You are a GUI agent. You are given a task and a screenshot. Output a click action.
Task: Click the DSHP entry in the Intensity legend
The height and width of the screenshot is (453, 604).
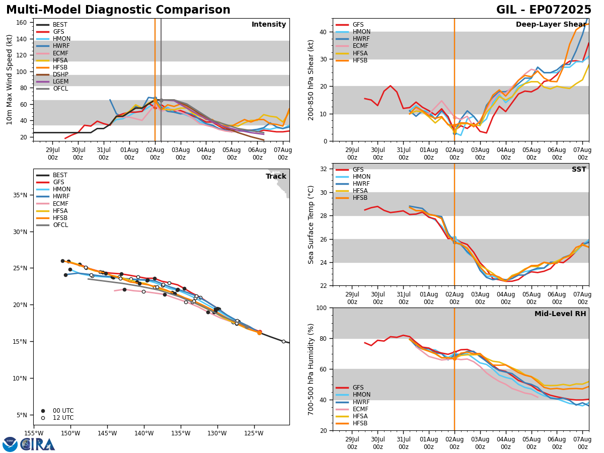pyautogui.click(x=60, y=74)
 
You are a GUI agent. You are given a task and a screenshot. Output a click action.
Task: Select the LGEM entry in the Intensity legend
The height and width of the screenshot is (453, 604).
pyautogui.click(x=60, y=82)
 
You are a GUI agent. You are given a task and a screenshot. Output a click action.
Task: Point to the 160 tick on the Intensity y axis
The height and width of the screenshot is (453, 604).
pyautogui.click(x=22, y=23)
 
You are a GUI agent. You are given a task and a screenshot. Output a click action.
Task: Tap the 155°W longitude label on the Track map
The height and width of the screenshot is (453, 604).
pyautogui.click(x=34, y=434)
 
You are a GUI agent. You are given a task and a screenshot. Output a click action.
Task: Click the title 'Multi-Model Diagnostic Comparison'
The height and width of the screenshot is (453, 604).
pyautogui.click(x=118, y=10)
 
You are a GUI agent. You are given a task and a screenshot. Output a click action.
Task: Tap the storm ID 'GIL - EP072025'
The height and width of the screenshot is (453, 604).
pyautogui.click(x=544, y=10)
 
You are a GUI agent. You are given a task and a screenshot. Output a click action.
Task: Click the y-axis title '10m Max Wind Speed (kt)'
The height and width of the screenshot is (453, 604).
pyautogui.click(x=10, y=80)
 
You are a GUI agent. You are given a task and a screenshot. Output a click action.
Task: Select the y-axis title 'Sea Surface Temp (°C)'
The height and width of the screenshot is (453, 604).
pyautogui.click(x=312, y=224)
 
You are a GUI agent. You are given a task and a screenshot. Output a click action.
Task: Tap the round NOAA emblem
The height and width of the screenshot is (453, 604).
pyautogui.click(x=10, y=444)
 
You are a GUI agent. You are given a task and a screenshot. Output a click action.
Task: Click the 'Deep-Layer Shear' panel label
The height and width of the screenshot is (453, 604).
pyautogui.click(x=551, y=25)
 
